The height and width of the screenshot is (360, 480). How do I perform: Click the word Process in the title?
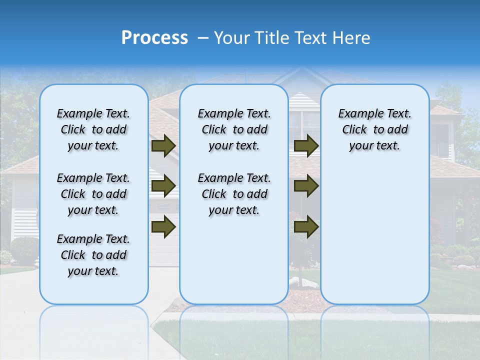coord(154,38)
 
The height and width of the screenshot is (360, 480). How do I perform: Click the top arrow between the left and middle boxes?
coord(163,145)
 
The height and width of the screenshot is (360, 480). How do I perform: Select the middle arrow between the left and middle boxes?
coord(163,186)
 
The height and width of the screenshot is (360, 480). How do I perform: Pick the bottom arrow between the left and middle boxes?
coord(163,226)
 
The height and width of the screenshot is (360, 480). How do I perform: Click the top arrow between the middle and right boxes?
coord(306,145)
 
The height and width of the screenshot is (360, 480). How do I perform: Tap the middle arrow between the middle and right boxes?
coord(306,186)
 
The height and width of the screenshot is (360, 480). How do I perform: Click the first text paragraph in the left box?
coord(93,129)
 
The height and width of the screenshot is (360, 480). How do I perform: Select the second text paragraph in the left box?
coord(93,194)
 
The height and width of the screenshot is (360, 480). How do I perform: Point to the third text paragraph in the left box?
coord(93,255)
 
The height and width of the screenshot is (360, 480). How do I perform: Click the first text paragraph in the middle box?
coord(234,129)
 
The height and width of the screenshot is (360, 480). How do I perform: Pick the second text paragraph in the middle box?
coord(234,194)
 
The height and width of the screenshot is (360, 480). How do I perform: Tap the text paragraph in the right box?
coord(374,129)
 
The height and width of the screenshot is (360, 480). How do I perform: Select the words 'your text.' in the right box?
coord(374,146)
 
